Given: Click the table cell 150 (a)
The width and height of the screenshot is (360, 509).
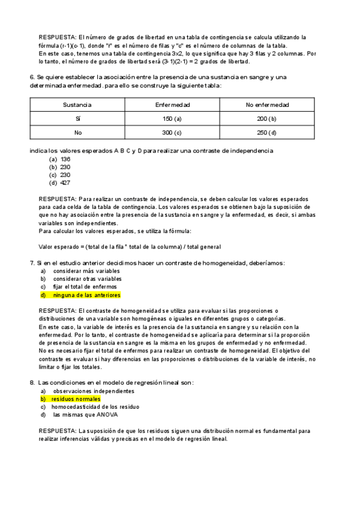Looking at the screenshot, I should tap(172, 119).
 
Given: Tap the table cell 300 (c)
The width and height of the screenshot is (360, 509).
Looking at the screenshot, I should tap(172, 133).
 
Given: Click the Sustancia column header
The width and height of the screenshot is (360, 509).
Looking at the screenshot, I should tap(77, 105).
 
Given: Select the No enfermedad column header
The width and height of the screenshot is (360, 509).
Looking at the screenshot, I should tap(267, 105).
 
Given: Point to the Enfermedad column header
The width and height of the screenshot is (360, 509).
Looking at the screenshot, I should tap(173, 105).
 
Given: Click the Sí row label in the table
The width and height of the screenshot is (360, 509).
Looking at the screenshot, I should tap(77, 119).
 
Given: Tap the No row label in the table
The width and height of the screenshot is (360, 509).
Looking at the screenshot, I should tap(77, 133).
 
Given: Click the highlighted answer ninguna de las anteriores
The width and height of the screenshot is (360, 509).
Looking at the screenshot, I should tap(86, 295).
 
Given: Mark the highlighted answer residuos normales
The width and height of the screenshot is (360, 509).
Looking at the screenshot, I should tap(76, 399).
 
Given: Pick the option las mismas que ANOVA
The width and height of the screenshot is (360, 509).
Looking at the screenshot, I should tap(85, 414).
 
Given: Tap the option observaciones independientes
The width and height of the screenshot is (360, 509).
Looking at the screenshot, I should tap(93, 391).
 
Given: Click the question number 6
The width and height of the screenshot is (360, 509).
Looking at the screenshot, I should tap(32, 77).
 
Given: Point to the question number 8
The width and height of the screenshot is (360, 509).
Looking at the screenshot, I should tap(32, 382).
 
